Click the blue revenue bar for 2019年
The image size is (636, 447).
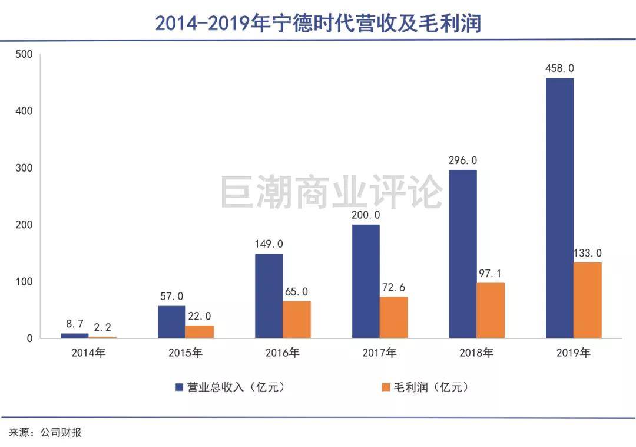[559, 208]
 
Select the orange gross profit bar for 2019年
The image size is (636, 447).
[588, 300]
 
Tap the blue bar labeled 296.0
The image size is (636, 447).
[463, 254]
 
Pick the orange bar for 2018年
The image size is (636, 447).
[491, 310]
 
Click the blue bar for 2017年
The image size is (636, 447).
[366, 281]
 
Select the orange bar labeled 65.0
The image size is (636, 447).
[296, 320]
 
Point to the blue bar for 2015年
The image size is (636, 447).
[171, 322]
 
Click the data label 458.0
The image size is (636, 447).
[559, 68]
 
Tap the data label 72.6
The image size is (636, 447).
[393, 287]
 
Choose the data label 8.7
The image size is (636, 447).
[74, 324]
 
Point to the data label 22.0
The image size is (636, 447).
[200, 315]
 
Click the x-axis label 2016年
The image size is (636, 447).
[283, 353]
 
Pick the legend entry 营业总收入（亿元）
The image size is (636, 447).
[236, 387]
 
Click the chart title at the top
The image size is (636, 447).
[318, 22]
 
